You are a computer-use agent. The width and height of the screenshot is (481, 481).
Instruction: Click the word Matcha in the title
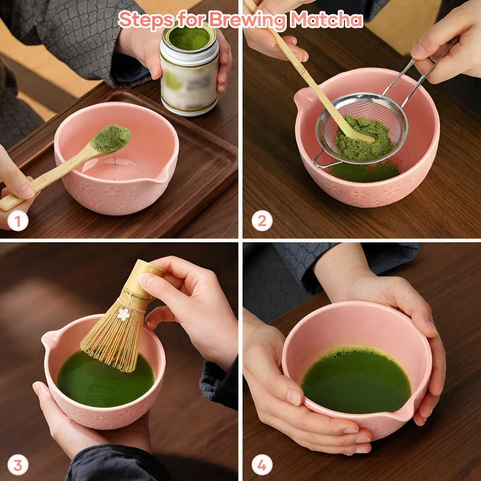pyautogui.click(x=326, y=19)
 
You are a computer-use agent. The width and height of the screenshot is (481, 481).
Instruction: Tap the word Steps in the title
pyautogui.click(x=145, y=19)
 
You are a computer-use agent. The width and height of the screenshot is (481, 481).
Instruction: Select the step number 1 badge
pyautogui.click(x=18, y=221)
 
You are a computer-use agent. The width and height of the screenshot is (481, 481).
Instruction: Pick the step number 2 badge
pyautogui.click(x=262, y=221)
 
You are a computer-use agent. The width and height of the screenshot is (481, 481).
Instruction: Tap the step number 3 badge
pyautogui.click(x=18, y=465)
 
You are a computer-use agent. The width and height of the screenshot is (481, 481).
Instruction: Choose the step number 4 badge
pyautogui.click(x=262, y=465)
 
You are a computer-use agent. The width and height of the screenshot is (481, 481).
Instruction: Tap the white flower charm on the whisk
pyautogui.click(x=124, y=315)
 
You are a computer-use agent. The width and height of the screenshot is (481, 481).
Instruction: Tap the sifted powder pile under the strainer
pyautogui.click(x=365, y=172)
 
